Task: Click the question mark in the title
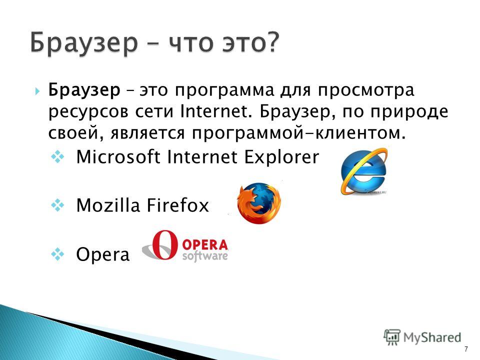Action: point(271,42)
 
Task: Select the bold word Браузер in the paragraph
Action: point(84,91)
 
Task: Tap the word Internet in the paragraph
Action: point(214,111)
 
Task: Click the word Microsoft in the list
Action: point(118,157)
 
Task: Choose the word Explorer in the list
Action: point(281,157)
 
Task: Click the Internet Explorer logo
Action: point(363,171)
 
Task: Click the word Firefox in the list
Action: point(178,205)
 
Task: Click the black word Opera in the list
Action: point(103,254)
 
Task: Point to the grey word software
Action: point(205,255)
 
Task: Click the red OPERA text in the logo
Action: point(205,244)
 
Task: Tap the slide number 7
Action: point(466,349)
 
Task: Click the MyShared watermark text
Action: point(432,337)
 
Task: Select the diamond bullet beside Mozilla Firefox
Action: point(57,205)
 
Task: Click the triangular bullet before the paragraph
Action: point(37,91)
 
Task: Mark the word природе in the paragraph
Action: point(409,112)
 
